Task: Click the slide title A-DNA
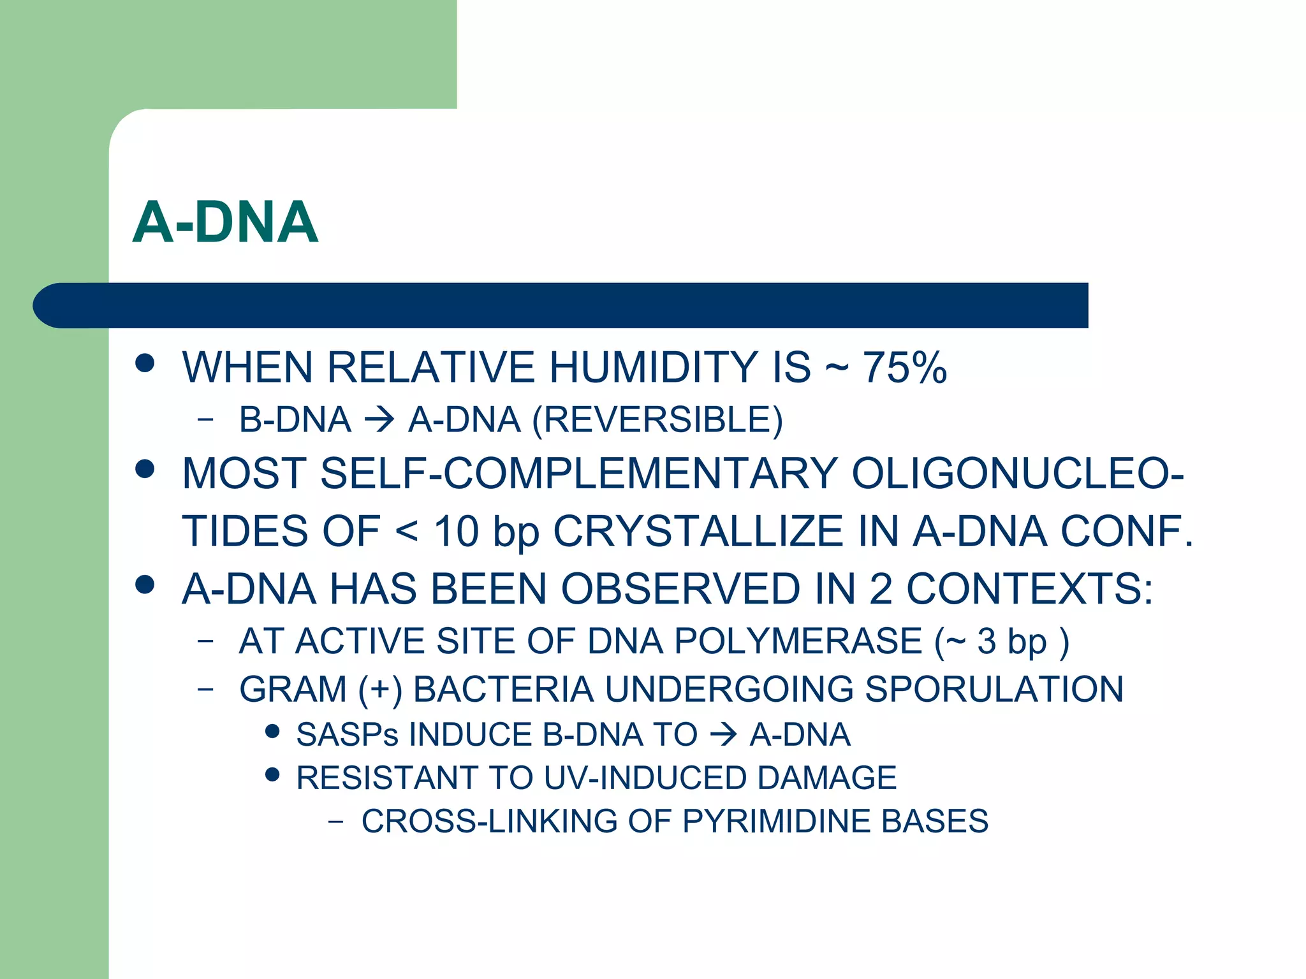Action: click(x=225, y=222)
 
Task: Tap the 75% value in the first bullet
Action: click(x=904, y=368)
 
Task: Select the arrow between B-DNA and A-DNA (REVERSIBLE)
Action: click(x=379, y=420)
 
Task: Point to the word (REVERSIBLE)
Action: click(x=657, y=420)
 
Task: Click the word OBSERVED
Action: click(x=680, y=588)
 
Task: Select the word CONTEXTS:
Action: click(x=1029, y=588)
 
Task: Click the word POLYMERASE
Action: click(x=798, y=641)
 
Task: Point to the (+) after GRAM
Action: click(x=380, y=690)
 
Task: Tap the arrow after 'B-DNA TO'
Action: click(x=723, y=736)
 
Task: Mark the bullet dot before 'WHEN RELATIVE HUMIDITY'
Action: click(x=145, y=363)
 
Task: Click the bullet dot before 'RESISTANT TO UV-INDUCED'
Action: click(x=272, y=775)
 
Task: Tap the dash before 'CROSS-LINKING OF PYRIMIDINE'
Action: click(x=335, y=822)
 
